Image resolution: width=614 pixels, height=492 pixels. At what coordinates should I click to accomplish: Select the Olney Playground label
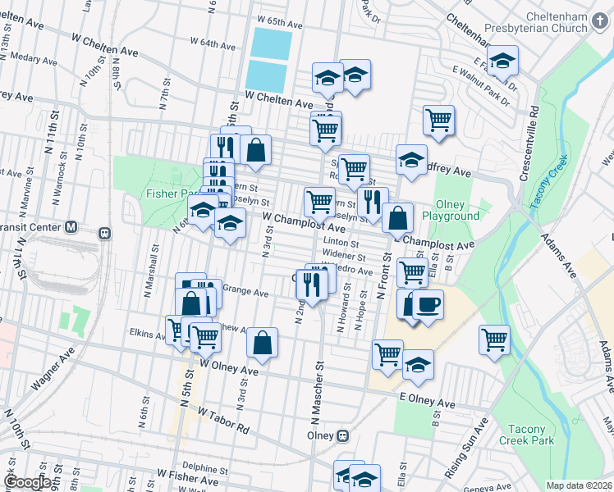tap(451, 211)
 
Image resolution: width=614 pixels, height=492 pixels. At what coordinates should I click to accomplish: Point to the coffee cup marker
tap(428, 305)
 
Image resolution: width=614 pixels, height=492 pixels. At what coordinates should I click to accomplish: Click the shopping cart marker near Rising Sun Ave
tap(494, 339)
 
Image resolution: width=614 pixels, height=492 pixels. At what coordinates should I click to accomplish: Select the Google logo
tap(27, 482)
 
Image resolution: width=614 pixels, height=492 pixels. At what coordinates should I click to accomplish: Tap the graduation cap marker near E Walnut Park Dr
tap(502, 60)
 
